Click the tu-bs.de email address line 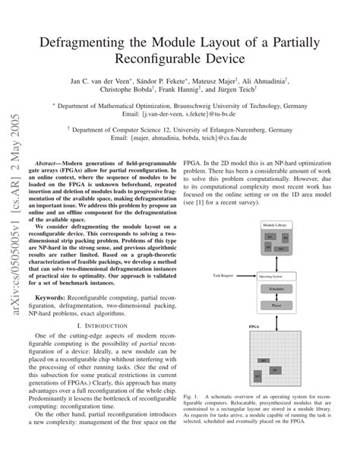click(x=197, y=116)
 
